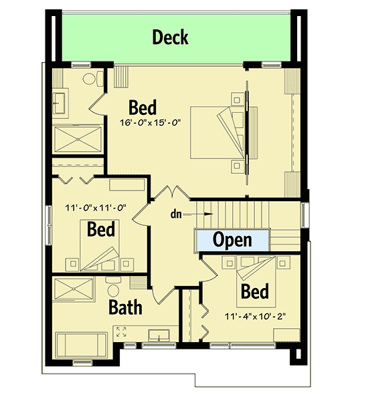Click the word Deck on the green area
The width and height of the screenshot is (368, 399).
pos(170,37)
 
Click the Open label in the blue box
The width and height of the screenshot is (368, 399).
pos(232,239)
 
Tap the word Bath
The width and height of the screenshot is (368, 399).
pos(125,308)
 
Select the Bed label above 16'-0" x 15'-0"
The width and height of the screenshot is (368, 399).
pos(143,107)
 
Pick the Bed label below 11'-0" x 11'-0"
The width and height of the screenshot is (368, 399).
pos(101,229)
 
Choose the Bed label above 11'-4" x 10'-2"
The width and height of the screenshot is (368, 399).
pos(255,291)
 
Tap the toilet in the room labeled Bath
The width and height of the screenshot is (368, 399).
pos(112,288)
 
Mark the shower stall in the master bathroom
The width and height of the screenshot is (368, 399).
pos(78,139)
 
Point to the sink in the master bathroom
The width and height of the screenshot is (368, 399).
pos(58,102)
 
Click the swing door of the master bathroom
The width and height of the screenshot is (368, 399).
pos(98,103)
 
